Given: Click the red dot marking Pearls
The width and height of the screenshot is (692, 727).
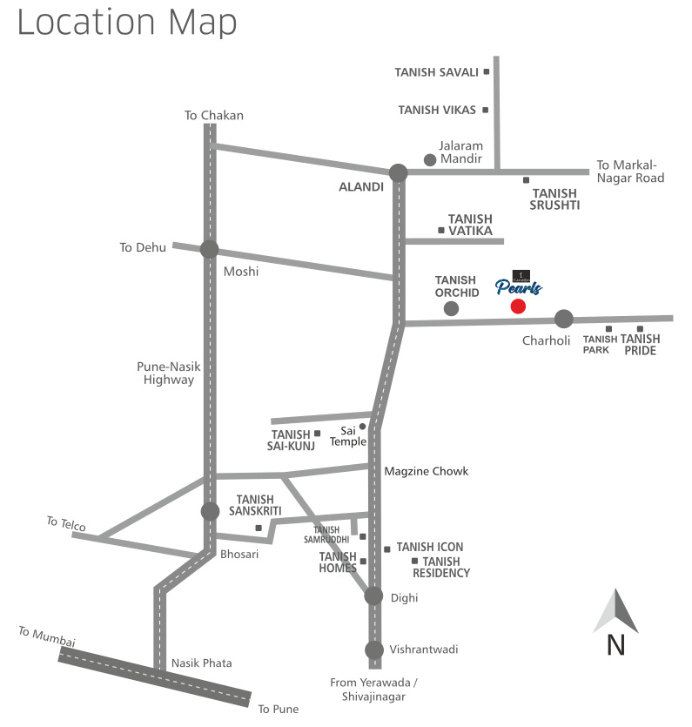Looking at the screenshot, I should point(518,306).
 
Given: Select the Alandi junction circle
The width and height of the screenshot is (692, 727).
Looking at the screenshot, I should point(398,172).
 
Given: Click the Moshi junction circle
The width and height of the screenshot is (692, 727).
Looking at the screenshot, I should point(209,249).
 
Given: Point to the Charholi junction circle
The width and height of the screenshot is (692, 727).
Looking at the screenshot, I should point(564,319).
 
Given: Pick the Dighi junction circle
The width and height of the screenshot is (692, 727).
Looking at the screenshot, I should point(373,596).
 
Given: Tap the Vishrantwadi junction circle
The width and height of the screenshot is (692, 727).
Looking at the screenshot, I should point(373,650).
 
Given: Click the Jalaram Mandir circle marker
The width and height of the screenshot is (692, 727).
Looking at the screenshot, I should point(429,159).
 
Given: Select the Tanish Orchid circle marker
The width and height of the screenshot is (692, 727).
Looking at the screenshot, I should point(451,308).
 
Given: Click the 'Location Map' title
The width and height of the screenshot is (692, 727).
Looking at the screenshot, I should point(126,23).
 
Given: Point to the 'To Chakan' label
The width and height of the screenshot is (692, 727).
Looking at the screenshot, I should point(214,115).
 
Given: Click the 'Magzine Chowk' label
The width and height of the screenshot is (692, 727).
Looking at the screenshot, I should point(426,471).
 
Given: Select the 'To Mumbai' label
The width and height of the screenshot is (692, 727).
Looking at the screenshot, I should point(47,636).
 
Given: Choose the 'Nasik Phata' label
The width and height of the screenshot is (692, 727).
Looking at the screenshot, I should point(201,663).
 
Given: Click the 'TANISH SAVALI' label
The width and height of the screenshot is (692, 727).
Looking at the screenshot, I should point(436,72).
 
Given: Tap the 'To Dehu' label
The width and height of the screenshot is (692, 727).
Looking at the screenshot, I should point(143,247).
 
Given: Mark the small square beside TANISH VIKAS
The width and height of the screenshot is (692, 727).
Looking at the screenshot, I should point(485,110).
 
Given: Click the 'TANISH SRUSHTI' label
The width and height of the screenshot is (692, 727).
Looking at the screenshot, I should point(555,199).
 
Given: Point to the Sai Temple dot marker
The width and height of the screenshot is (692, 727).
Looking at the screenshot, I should point(363,427).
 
